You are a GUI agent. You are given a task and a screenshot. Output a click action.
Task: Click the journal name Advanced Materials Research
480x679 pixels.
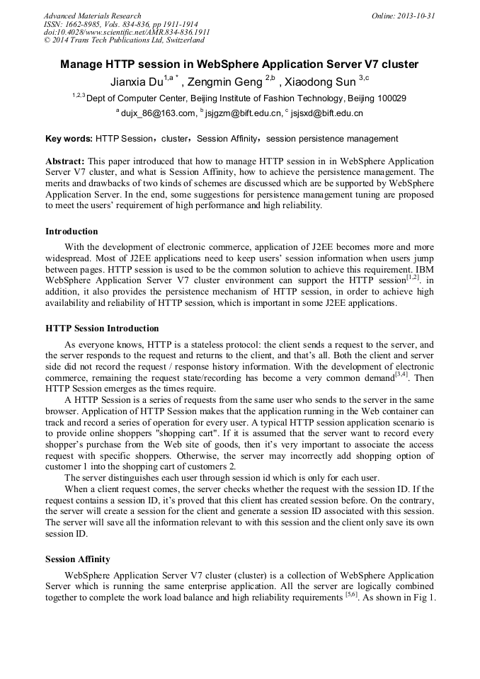pyautogui.click(x=92, y=16)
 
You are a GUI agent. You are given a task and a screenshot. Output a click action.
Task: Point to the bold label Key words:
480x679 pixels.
pyautogui.click(x=69, y=139)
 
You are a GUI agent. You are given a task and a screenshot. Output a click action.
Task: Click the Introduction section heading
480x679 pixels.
pyautogui.click(x=72, y=232)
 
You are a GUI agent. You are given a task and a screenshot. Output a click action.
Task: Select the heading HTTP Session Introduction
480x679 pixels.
pyautogui.click(x=102, y=329)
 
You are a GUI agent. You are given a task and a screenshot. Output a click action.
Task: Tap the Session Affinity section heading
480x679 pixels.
pyautogui.click(x=77, y=559)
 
